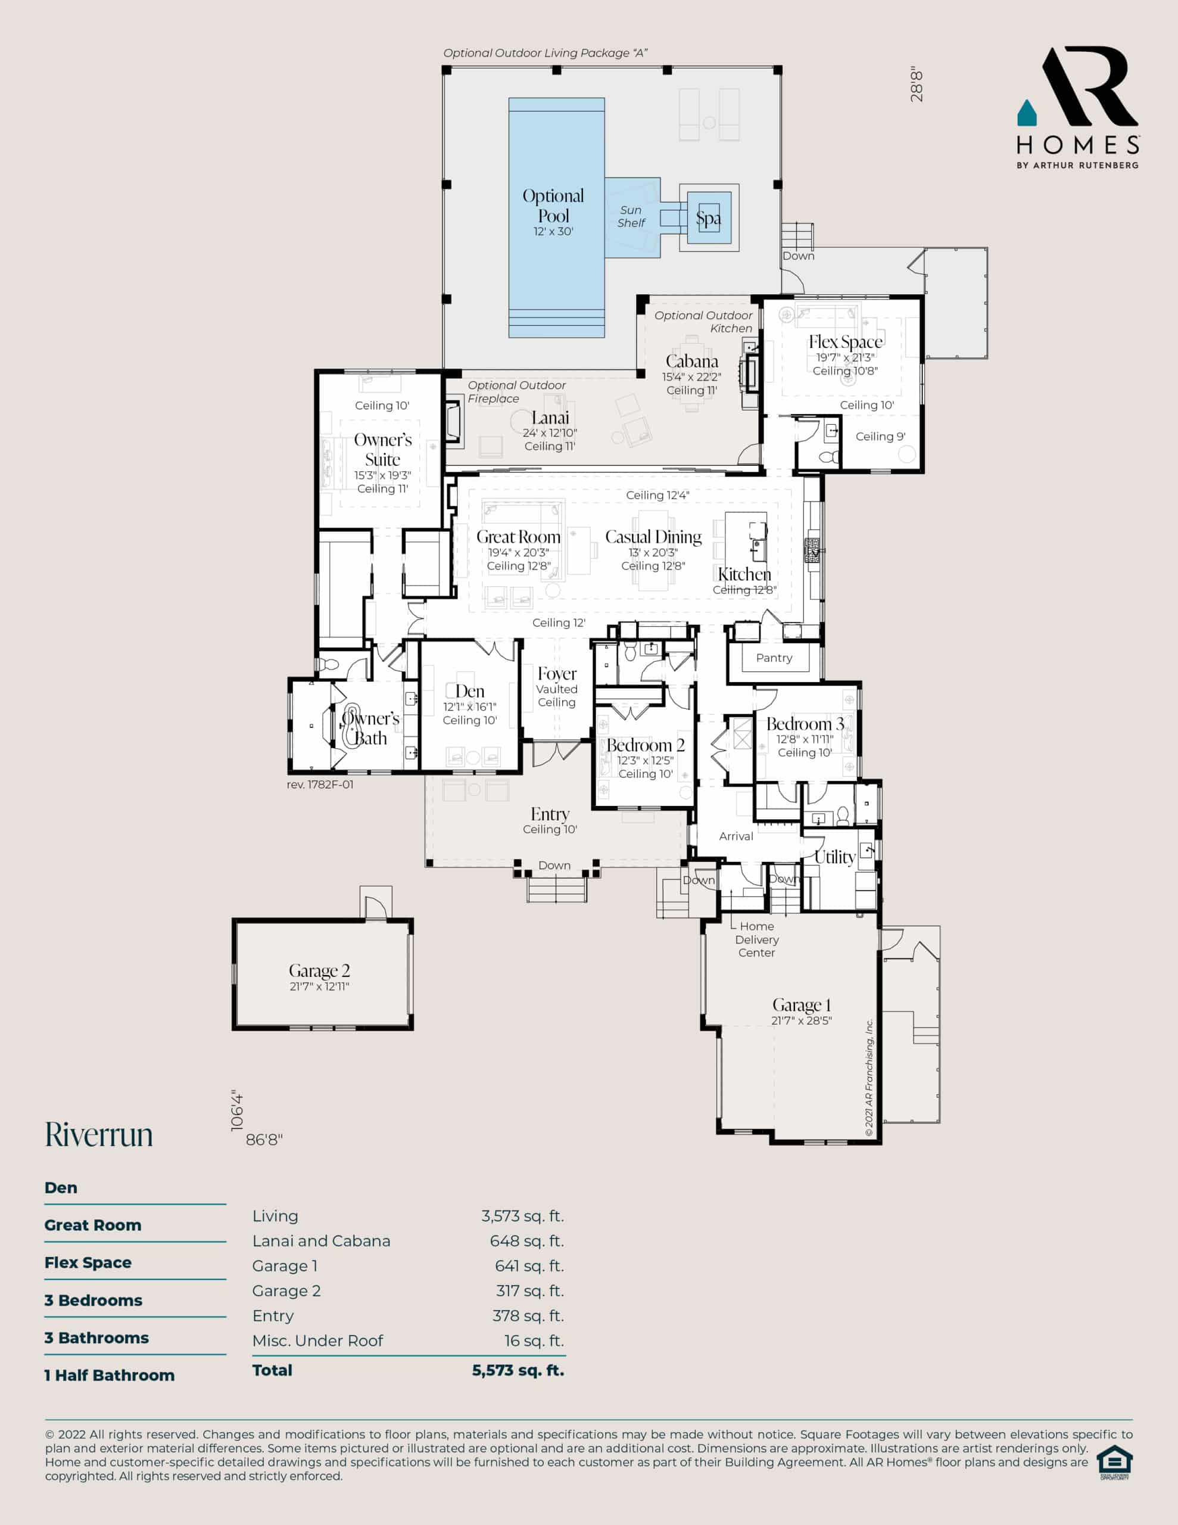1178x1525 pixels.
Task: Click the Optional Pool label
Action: pos(553,206)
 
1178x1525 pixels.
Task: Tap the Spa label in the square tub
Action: pos(708,219)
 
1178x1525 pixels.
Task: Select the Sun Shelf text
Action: pos(631,216)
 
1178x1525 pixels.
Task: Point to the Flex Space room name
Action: pos(846,341)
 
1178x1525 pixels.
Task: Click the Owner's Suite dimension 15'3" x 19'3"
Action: pos(383,475)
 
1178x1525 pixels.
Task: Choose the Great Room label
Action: pos(518,536)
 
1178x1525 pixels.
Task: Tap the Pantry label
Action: pos(774,658)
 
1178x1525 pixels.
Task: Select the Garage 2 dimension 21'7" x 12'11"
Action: pos(319,986)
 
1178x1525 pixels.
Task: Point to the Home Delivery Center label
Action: pos(757,939)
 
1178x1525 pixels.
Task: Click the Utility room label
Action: pos(835,857)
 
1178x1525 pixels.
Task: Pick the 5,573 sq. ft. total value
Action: pos(518,1370)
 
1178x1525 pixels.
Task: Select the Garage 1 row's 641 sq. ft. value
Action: pos(529,1266)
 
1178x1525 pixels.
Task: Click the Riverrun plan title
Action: pos(99,1135)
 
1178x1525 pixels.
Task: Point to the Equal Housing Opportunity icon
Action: pos(1114,1461)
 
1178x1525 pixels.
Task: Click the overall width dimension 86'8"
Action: pos(264,1140)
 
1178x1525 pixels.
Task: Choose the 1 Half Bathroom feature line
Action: pos(110,1375)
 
